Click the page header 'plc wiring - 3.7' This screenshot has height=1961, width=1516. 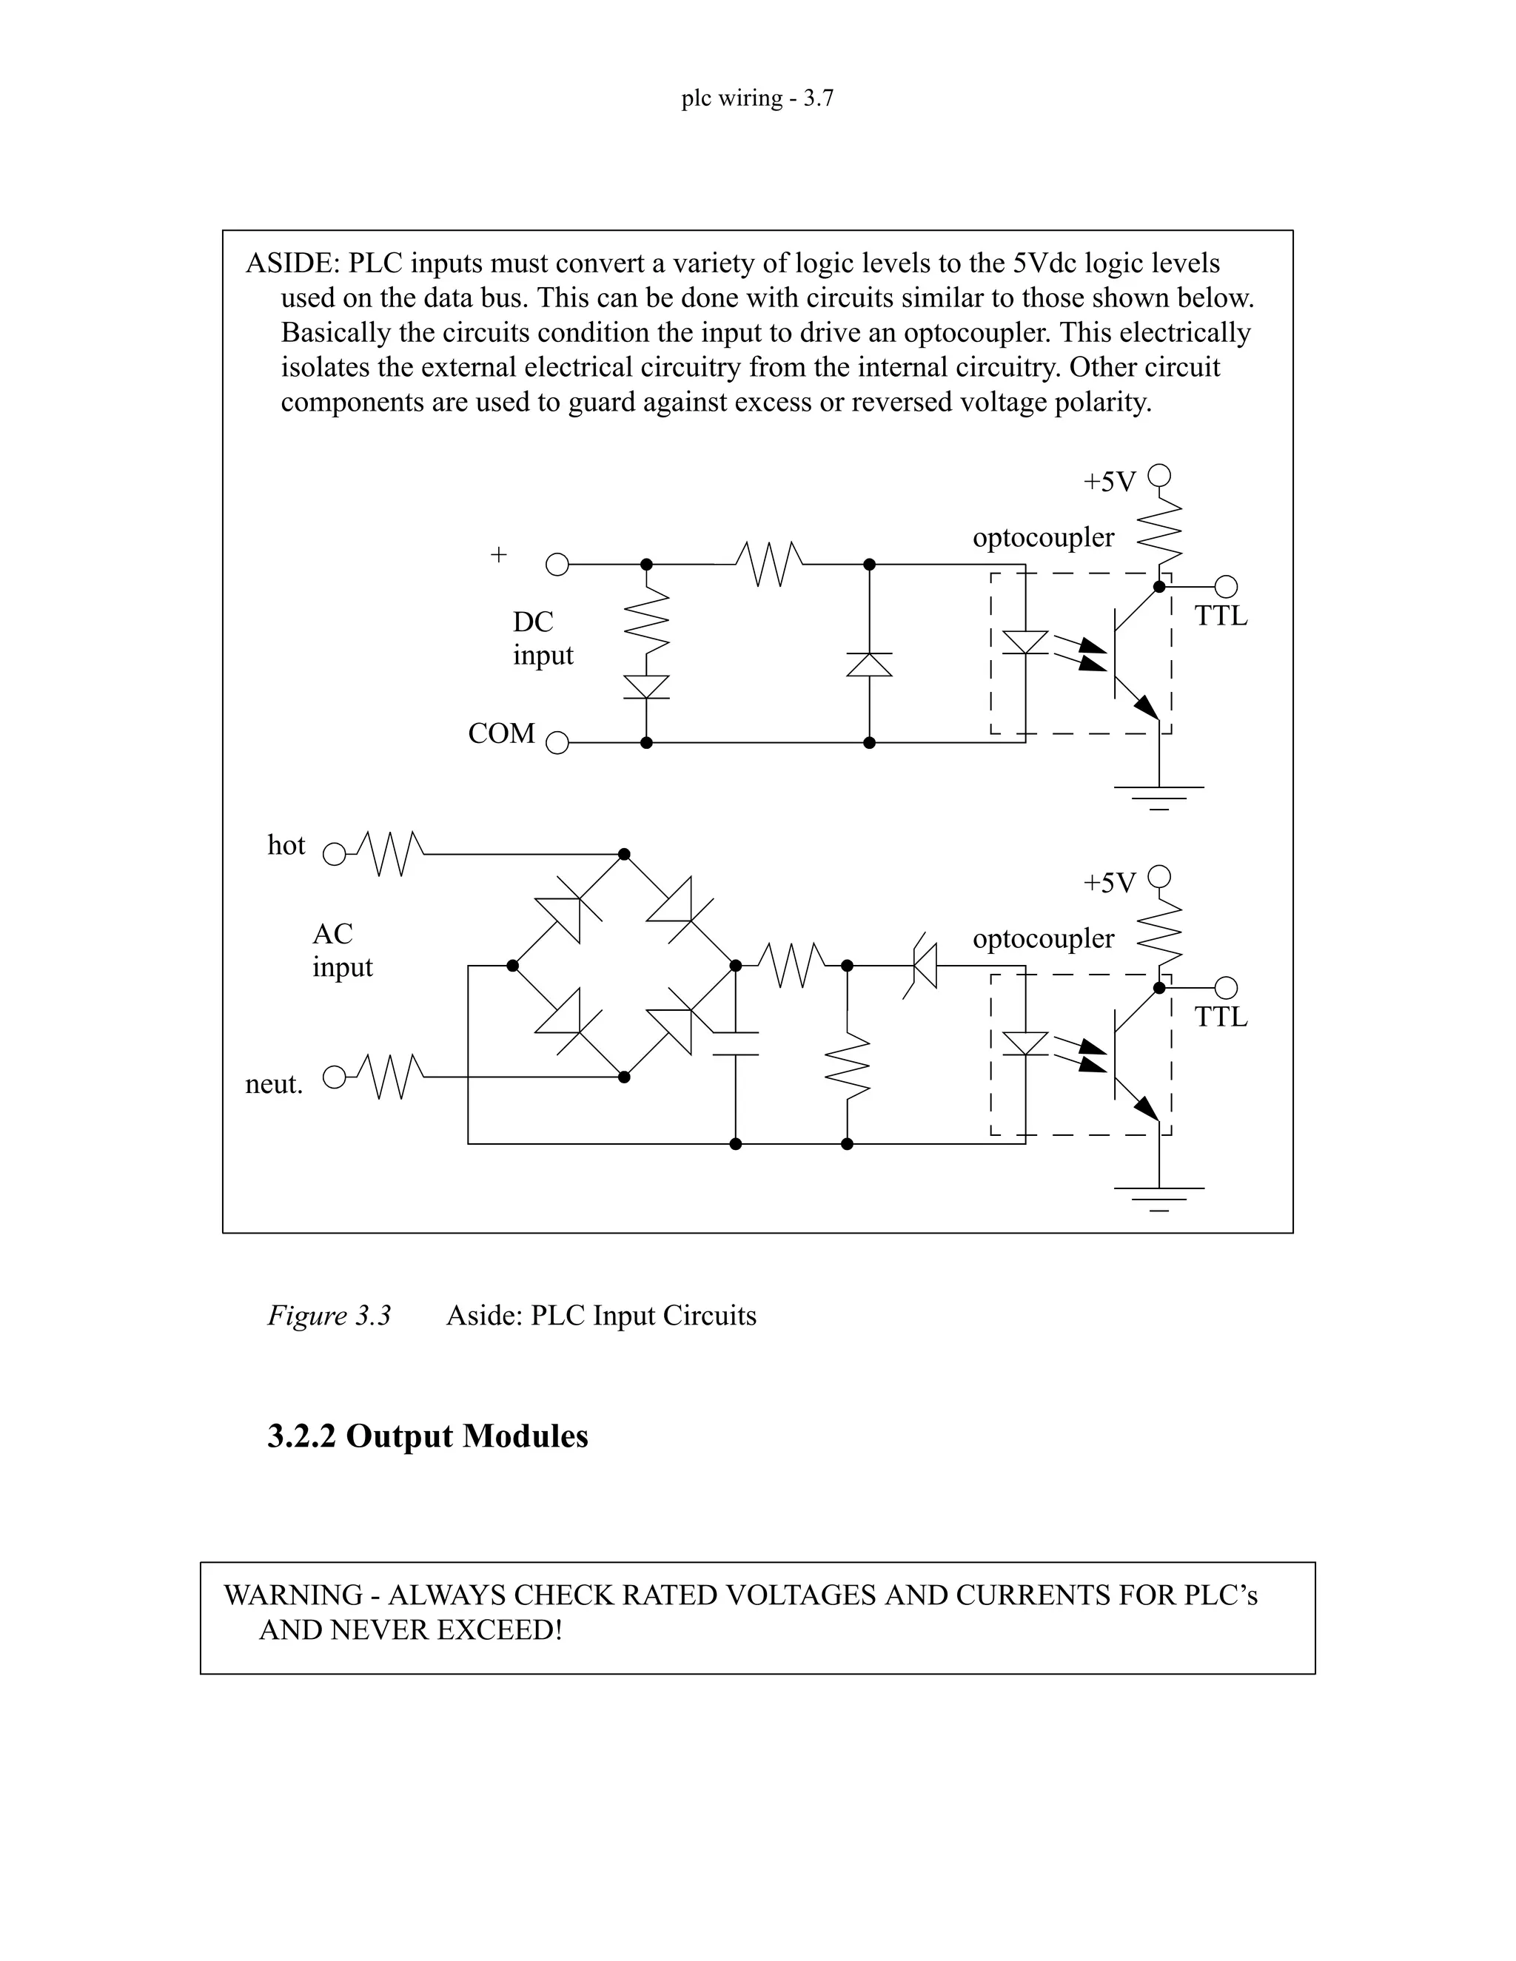[757, 98]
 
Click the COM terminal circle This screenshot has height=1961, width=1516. [557, 744]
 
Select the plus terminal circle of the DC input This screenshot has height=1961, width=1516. [557, 565]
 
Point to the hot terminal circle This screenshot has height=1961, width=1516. [334, 854]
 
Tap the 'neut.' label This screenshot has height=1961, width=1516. [274, 1085]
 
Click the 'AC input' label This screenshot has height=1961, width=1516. [341, 950]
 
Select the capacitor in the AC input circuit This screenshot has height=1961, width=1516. [736, 1043]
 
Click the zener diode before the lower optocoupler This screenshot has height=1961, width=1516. [922, 965]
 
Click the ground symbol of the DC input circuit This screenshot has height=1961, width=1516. [1158, 795]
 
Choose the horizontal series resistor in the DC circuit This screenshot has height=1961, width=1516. [769, 565]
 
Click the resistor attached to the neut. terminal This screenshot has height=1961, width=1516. [390, 1077]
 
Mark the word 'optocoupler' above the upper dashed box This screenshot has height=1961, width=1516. [1043, 538]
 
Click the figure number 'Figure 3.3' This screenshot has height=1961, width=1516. [329, 1316]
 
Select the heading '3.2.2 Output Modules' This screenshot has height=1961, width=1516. [428, 1436]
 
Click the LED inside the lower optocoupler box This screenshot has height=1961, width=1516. [1024, 1043]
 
